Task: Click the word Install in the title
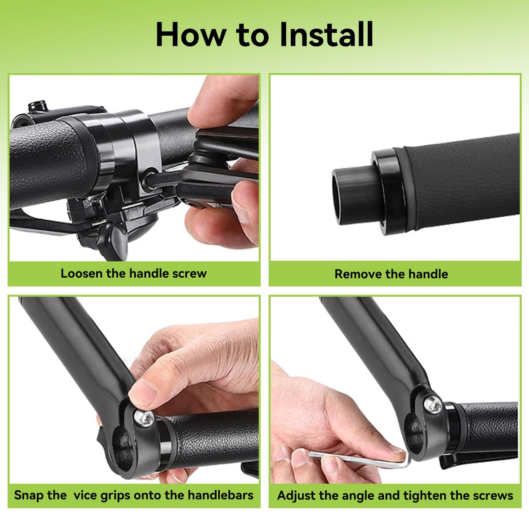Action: pyautogui.click(x=326, y=34)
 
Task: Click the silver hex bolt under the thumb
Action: pyautogui.click(x=146, y=419)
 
